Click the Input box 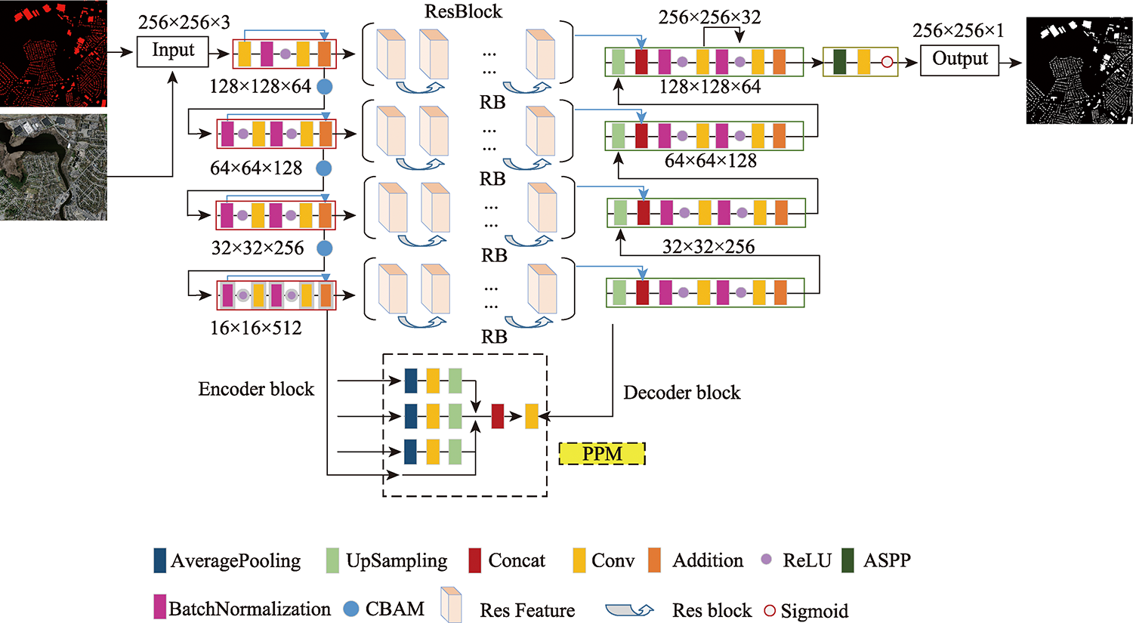point(173,51)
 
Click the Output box point(959,60)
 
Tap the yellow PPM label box point(602,454)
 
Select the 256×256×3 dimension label point(184,23)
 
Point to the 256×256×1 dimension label point(958,31)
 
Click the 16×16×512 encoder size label point(256,328)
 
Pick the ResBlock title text point(463,11)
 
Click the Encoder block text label point(256,389)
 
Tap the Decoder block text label point(681,393)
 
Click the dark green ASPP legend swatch point(847,560)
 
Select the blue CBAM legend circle point(350,609)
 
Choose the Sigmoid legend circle point(770,610)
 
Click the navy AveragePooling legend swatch point(160,560)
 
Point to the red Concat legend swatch point(475,560)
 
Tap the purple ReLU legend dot point(766,560)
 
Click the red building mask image point(53,54)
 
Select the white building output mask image point(1079,70)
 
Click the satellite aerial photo point(53,167)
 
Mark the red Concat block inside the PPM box point(498,416)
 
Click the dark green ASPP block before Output point(839,62)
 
